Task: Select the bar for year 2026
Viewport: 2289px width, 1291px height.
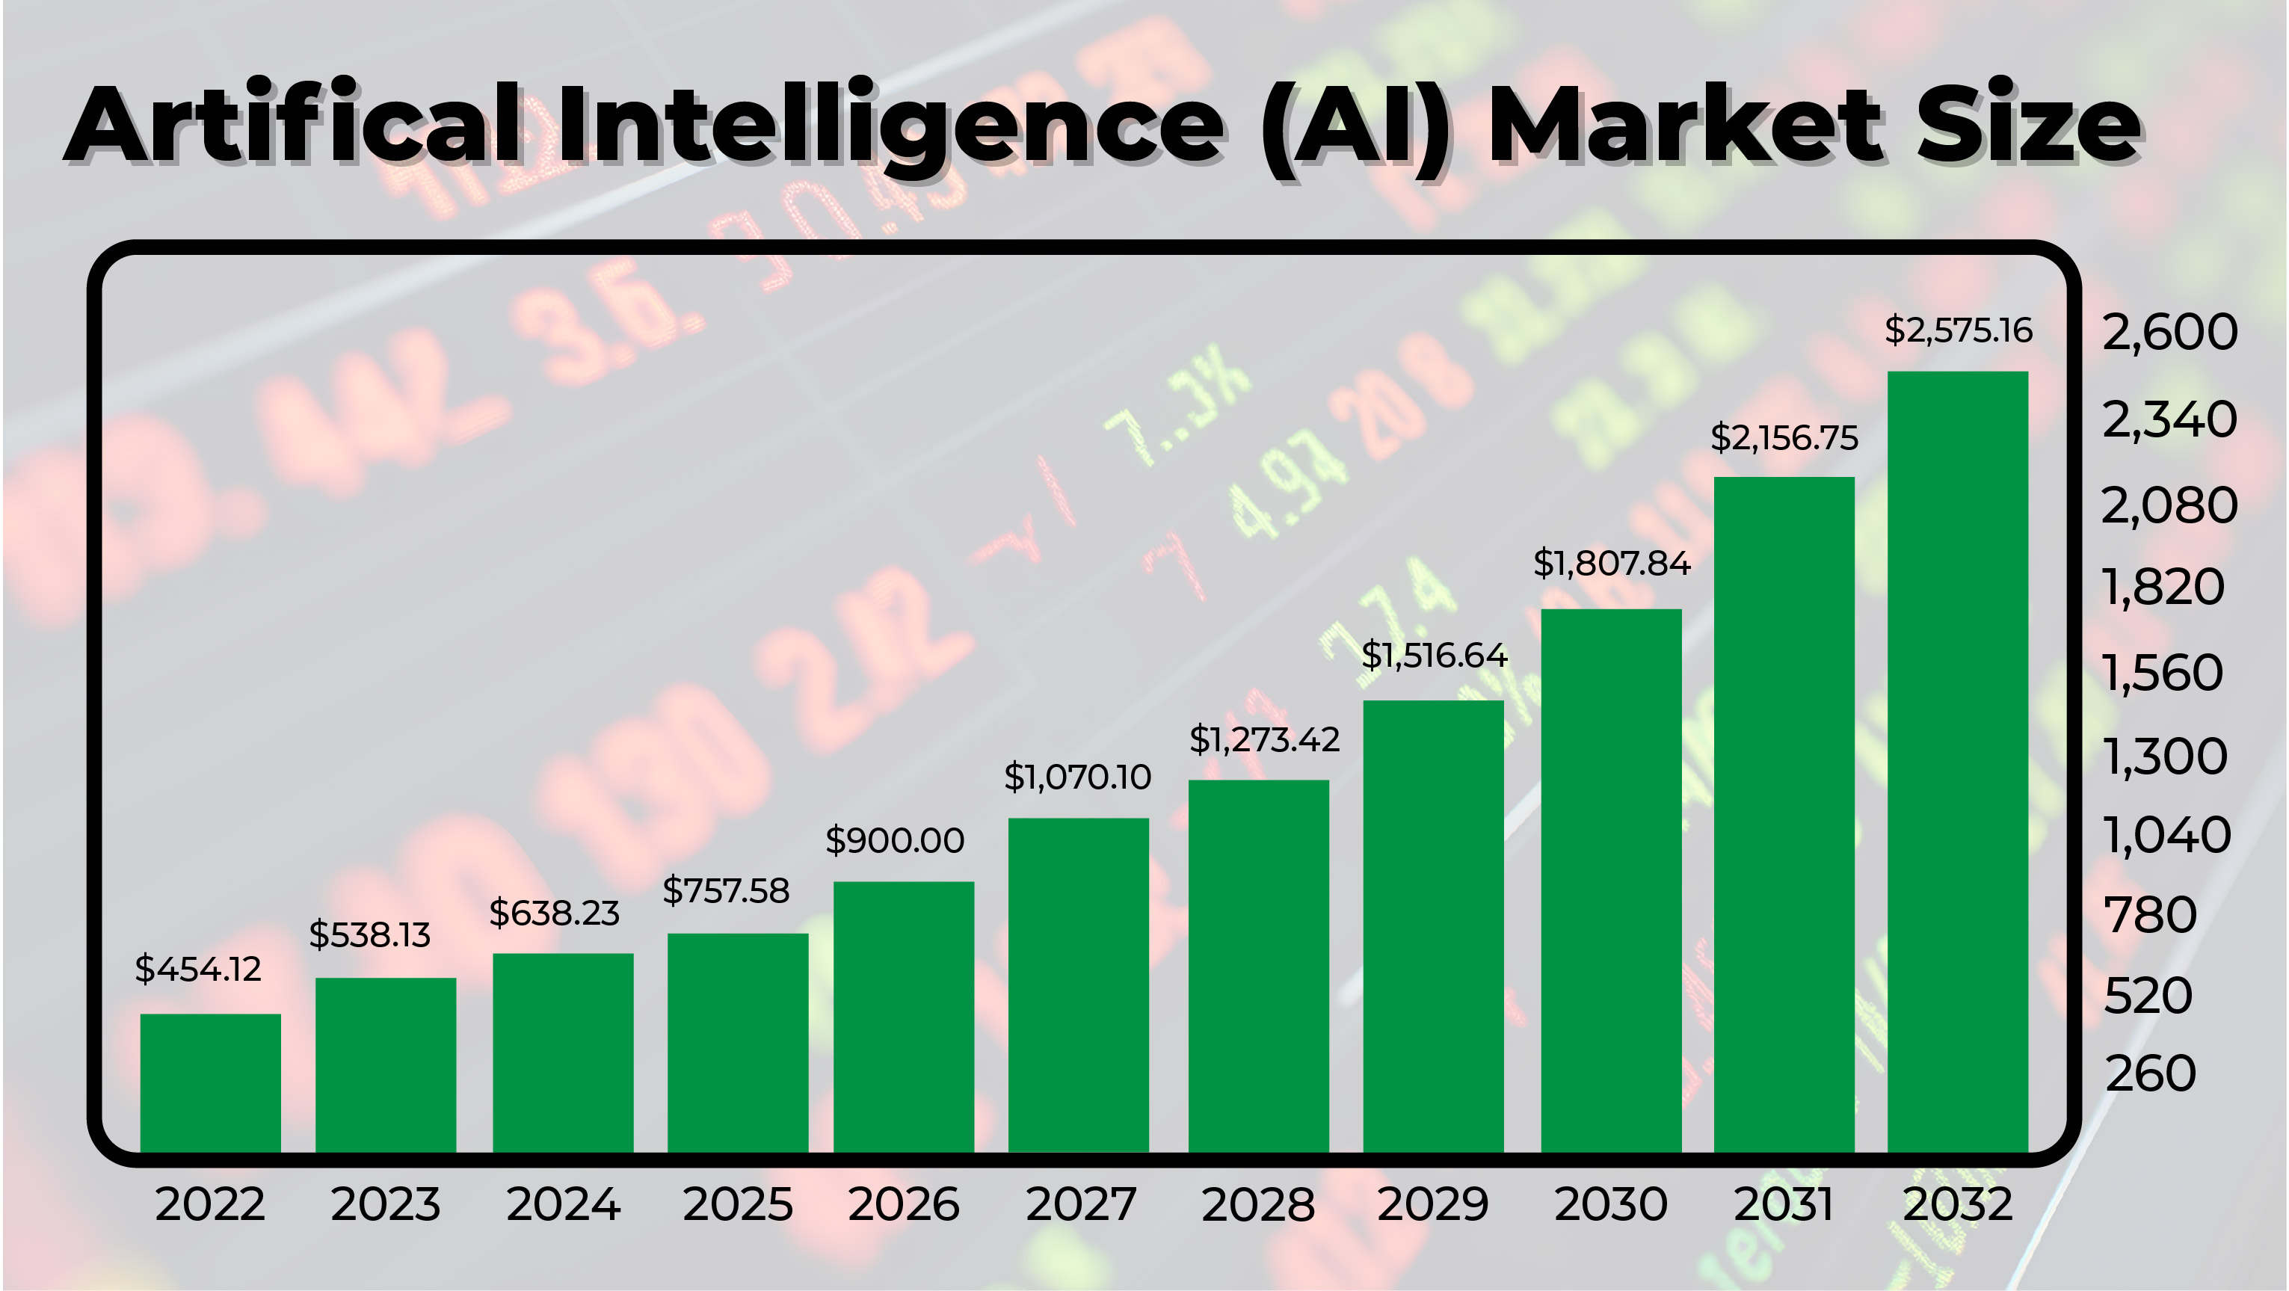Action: click(x=904, y=1017)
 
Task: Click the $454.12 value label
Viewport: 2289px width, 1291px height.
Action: click(x=198, y=969)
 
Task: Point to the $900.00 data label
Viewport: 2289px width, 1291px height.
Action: click(x=895, y=840)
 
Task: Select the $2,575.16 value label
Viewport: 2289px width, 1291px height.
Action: click(x=1959, y=330)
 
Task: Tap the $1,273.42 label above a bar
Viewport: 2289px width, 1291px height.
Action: click(x=1263, y=739)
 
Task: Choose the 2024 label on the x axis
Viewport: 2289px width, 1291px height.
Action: click(x=564, y=1205)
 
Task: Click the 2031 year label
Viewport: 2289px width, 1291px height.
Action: click(x=1784, y=1205)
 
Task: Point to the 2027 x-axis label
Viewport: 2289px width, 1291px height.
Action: click(x=1080, y=1205)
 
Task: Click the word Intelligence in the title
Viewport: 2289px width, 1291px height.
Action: click(x=891, y=126)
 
